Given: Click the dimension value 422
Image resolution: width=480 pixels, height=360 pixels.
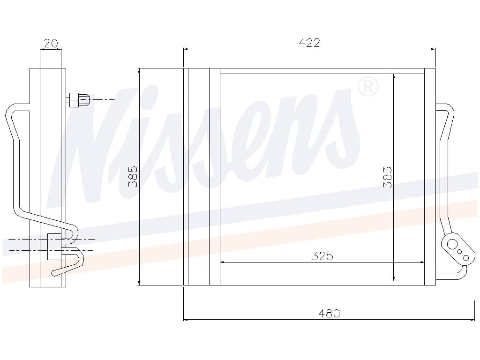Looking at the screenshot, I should [x=309, y=43].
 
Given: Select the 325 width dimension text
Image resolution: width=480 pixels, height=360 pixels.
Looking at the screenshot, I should [x=322, y=256].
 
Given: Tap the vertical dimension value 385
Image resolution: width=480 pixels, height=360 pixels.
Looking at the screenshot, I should [x=133, y=176].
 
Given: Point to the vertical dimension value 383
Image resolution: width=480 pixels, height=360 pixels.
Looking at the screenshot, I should [x=387, y=177].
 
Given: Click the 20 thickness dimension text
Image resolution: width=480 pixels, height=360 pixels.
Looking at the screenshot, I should [x=51, y=44].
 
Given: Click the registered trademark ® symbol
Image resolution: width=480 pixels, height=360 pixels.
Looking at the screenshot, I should [x=368, y=87].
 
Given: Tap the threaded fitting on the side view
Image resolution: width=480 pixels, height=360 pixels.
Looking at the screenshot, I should [x=78, y=99].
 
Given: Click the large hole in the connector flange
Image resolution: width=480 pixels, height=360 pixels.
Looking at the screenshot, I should [x=452, y=244].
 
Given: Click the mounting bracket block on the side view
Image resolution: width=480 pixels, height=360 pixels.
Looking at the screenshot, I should [x=53, y=246].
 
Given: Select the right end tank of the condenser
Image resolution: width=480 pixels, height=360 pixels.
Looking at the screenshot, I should [x=430, y=176].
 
